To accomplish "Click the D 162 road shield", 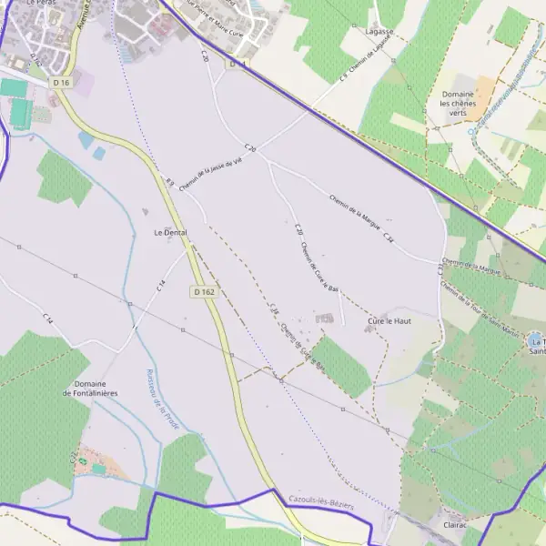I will (x=204, y=292).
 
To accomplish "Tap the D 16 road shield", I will (x=61, y=83).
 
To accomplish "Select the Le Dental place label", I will (x=170, y=233).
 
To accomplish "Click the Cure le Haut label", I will (x=390, y=321).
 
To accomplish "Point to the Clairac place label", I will (x=454, y=525).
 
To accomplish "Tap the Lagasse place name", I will (x=379, y=31).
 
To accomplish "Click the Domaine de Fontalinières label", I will (x=90, y=389).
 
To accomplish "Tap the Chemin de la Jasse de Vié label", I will (x=210, y=173).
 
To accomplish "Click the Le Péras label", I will (x=42, y=4).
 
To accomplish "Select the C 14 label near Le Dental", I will (x=160, y=285).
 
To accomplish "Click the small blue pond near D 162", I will (x=86, y=140).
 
